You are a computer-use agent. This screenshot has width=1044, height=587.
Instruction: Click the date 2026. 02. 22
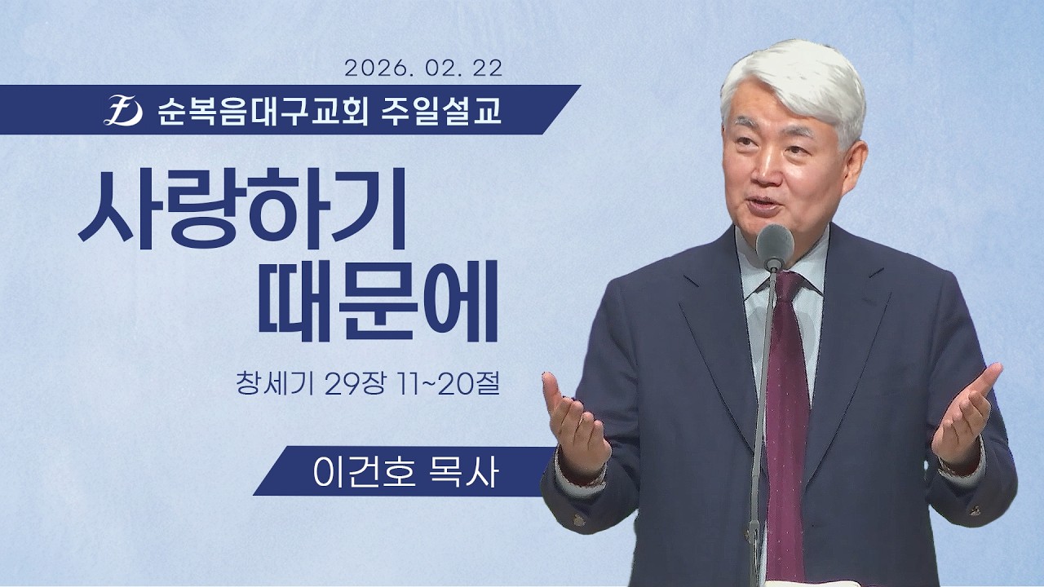(x=423, y=68)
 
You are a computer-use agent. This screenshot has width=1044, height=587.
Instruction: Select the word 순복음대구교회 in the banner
(x=263, y=110)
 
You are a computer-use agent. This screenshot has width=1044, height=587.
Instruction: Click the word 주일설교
(x=440, y=110)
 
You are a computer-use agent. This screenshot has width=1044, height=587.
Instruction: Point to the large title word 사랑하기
(x=242, y=210)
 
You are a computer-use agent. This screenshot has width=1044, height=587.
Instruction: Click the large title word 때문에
(x=377, y=310)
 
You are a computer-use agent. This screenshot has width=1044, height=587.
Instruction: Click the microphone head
(x=774, y=245)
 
